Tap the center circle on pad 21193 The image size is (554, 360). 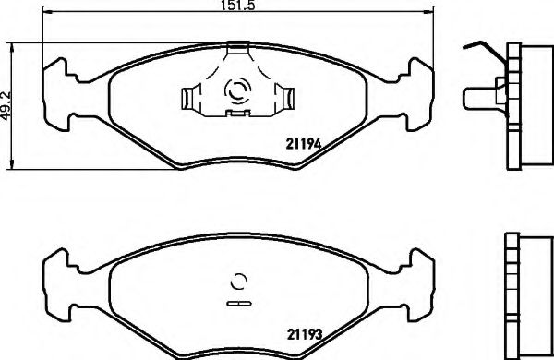point(238,282)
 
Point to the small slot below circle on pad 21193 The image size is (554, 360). point(238,302)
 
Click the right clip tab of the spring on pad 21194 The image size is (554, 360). point(286,96)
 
